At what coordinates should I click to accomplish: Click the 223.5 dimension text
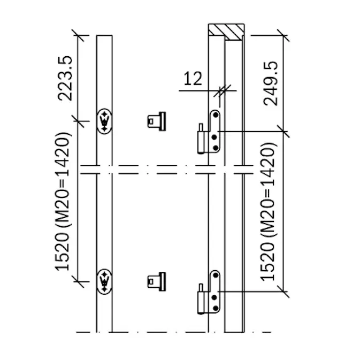pos(65,78)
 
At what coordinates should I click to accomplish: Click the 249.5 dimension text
pos(271,83)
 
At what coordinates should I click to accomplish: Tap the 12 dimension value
pos(193,79)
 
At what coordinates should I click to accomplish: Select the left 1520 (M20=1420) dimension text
pos(63,202)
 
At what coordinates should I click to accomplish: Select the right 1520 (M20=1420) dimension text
pos(267,212)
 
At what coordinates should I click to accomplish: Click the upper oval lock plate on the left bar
pos(104,121)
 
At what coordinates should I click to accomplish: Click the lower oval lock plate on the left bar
pos(104,281)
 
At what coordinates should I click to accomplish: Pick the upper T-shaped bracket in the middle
pos(157,121)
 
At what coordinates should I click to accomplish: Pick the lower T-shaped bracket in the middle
pos(157,282)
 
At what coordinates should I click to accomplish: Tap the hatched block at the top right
pos(226,31)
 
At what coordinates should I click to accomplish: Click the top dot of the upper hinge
pos(216,115)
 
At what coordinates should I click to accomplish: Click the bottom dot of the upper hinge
pos(216,148)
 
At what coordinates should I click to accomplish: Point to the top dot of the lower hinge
pos(216,275)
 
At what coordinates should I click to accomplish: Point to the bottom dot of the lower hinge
pos(216,308)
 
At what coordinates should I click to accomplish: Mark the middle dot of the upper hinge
pos(214,137)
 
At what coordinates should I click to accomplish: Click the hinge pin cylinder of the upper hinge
pos(201,142)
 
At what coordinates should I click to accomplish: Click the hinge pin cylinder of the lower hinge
pos(201,302)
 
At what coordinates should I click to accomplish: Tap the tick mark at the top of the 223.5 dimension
pos(78,35)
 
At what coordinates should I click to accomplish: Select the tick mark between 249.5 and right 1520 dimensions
pos(283,132)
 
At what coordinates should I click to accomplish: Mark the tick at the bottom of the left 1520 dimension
pos(78,281)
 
